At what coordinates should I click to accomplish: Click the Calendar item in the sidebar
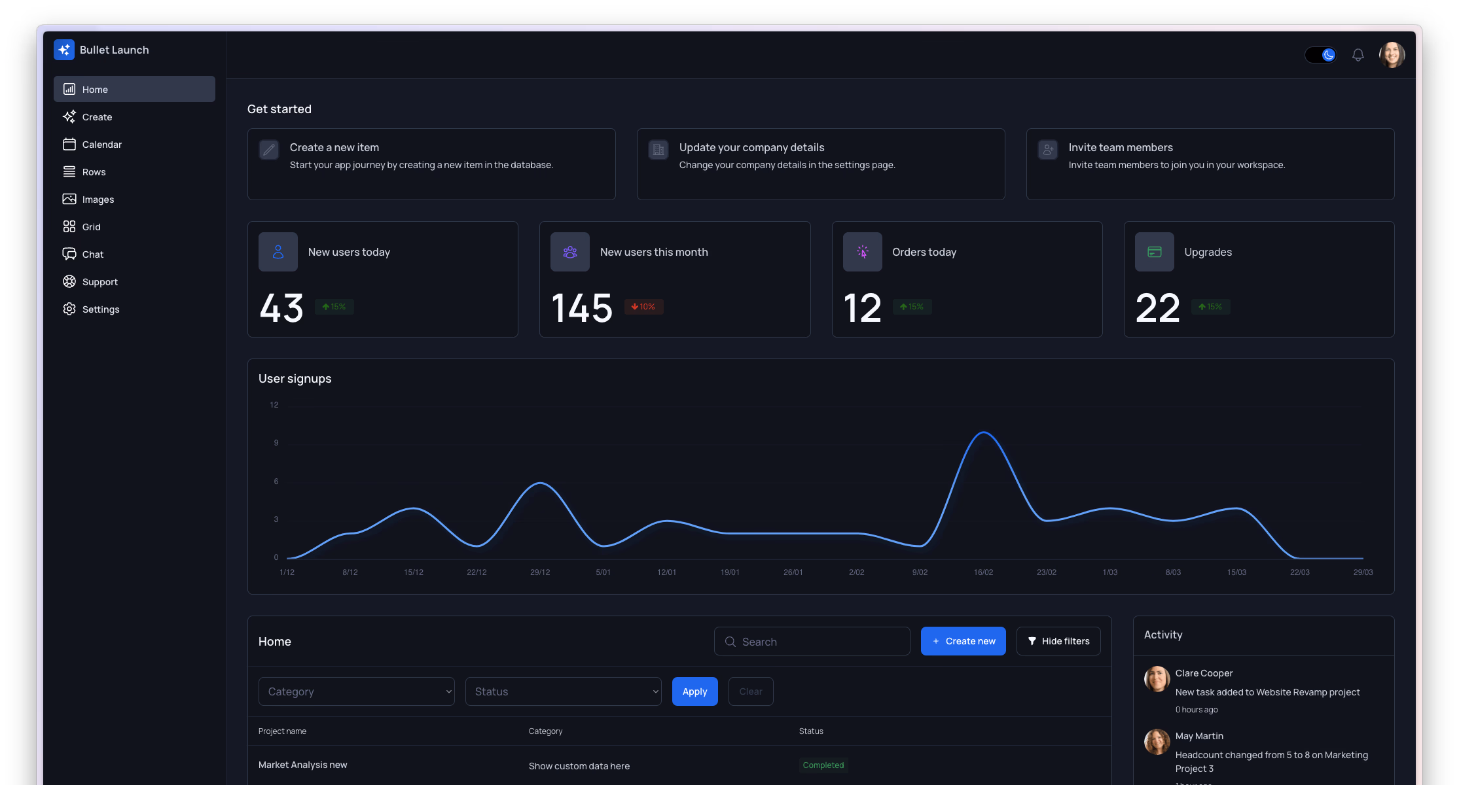click(101, 145)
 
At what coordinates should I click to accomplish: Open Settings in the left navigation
click(100, 309)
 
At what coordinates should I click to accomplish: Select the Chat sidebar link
click(92, 254)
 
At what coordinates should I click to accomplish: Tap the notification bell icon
click(1358, 55)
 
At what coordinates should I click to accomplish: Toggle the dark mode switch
click(1321, 55)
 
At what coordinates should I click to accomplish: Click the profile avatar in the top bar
click(1392, 55)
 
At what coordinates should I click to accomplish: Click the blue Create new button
click(963, 641)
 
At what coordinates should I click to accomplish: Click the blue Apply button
click(694, 691)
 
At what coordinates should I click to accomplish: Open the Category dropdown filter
click(356, 691)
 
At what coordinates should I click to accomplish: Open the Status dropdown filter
click(563, 691)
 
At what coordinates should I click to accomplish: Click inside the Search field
click(818, 642)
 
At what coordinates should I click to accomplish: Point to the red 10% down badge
click(643, 307)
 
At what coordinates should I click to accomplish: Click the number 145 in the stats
click(582, 307)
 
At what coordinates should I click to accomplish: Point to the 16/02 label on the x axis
click(983, 572)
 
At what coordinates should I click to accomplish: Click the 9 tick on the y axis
click(276, 443)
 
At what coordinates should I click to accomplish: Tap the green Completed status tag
click(823, 765)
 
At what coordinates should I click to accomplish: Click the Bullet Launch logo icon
click(64, 50)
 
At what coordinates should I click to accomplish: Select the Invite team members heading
click(1121, 148)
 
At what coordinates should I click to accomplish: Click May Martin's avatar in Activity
click(1157, 742)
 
